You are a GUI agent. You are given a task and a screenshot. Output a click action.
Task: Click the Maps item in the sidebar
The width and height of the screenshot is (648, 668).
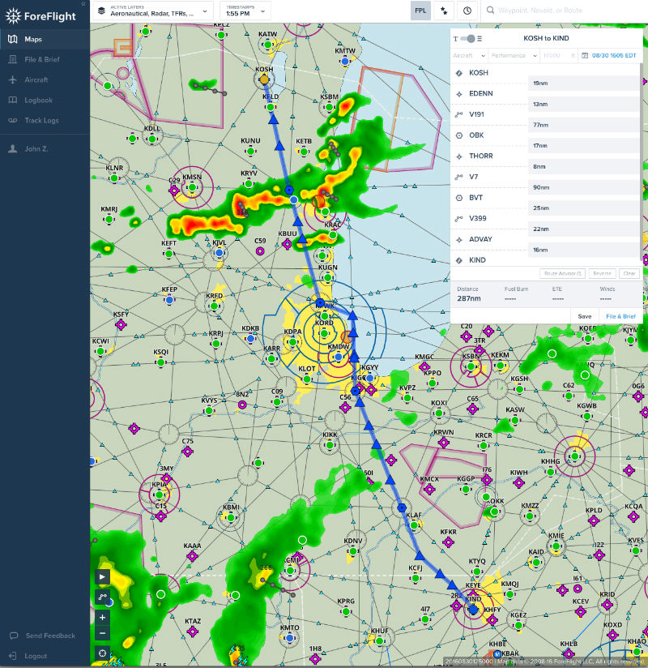tap(33, 39)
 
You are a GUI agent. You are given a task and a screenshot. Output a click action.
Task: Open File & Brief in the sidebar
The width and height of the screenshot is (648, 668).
tap(41, 59)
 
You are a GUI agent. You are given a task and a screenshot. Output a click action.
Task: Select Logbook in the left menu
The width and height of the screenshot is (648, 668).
tap(38, 100)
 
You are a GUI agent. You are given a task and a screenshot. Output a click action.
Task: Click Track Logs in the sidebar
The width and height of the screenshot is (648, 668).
tap(41, 120)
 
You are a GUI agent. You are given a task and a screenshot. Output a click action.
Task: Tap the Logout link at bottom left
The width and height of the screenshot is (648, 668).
tap(36, 656)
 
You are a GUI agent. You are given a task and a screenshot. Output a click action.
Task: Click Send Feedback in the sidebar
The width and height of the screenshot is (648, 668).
tap(50, 636)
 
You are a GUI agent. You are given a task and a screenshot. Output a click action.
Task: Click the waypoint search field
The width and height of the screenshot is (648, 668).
tap(567, 11)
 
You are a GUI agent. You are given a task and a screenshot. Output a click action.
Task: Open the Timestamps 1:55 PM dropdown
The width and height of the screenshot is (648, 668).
tap(245, 11)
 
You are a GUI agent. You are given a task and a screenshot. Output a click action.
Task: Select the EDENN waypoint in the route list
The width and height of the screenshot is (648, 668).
tap(480, 93)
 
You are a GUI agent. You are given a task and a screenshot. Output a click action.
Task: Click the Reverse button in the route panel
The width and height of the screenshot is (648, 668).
tap(601, 273)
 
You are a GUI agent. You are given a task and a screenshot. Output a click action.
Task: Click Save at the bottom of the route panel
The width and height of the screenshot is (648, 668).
tap(584, 316)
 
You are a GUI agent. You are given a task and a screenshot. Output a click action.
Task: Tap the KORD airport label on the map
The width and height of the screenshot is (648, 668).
tap(323, 323)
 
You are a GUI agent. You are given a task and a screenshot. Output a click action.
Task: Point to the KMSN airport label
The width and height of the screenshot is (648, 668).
tap(191, 178)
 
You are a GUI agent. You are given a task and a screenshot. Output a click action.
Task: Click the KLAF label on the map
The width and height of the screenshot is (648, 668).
tap(414, 515)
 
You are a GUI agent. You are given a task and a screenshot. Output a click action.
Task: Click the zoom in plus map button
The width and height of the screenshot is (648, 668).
tap(102, 617)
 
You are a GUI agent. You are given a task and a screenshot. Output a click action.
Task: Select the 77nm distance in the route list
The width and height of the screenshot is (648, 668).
tap(539, 125)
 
